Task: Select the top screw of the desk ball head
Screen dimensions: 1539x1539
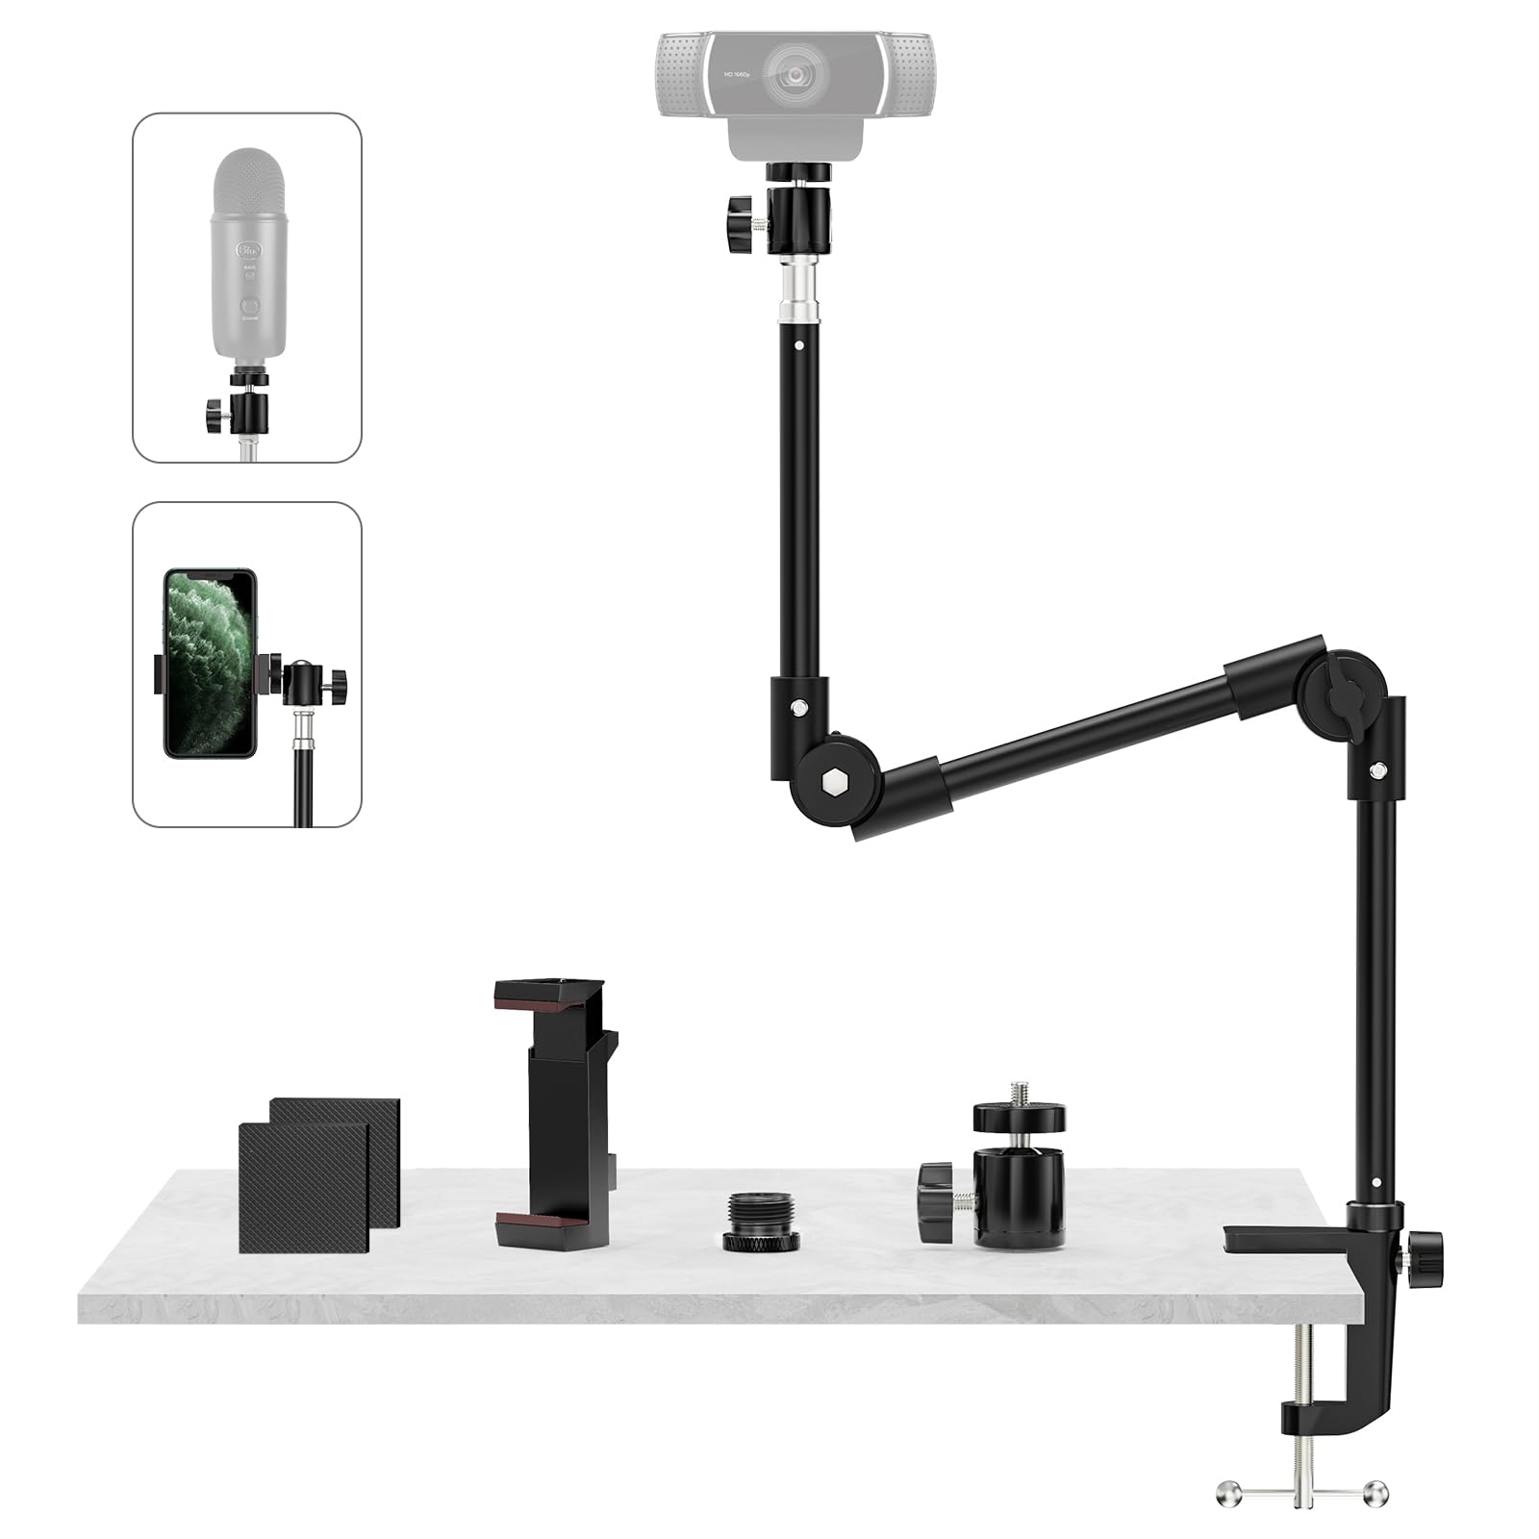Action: (1019, 1093)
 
